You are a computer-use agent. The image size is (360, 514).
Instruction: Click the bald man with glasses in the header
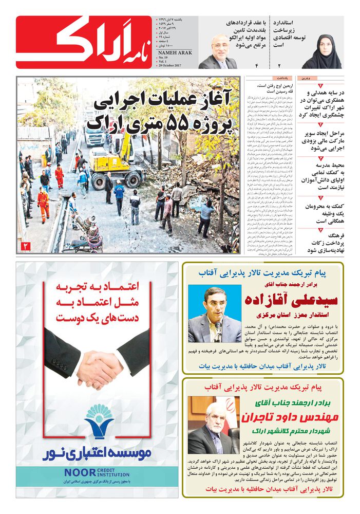[218, 52]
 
